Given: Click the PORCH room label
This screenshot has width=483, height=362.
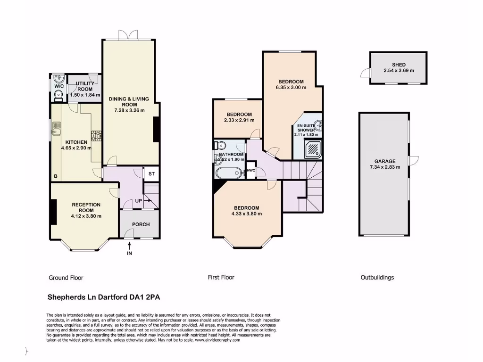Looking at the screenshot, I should (140, 224).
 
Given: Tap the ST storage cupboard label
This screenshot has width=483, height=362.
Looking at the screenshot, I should (151, 174).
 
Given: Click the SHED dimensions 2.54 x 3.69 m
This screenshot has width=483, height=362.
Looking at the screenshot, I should (399, 71).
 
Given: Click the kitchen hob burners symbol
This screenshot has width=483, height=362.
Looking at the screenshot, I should (97, 136).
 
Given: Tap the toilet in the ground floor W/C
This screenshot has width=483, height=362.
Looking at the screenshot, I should (58, 96).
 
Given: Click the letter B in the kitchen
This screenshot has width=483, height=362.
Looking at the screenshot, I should (56, 177).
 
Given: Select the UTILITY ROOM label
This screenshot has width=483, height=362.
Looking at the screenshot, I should (85, 86).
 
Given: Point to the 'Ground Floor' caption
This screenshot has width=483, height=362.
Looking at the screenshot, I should (66, 278).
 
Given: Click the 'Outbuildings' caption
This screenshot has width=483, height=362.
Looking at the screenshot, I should (377, 278).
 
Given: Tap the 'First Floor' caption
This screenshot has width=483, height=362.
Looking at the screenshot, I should (221, 278).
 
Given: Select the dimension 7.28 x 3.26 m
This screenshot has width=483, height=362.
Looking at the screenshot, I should (129, 110).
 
